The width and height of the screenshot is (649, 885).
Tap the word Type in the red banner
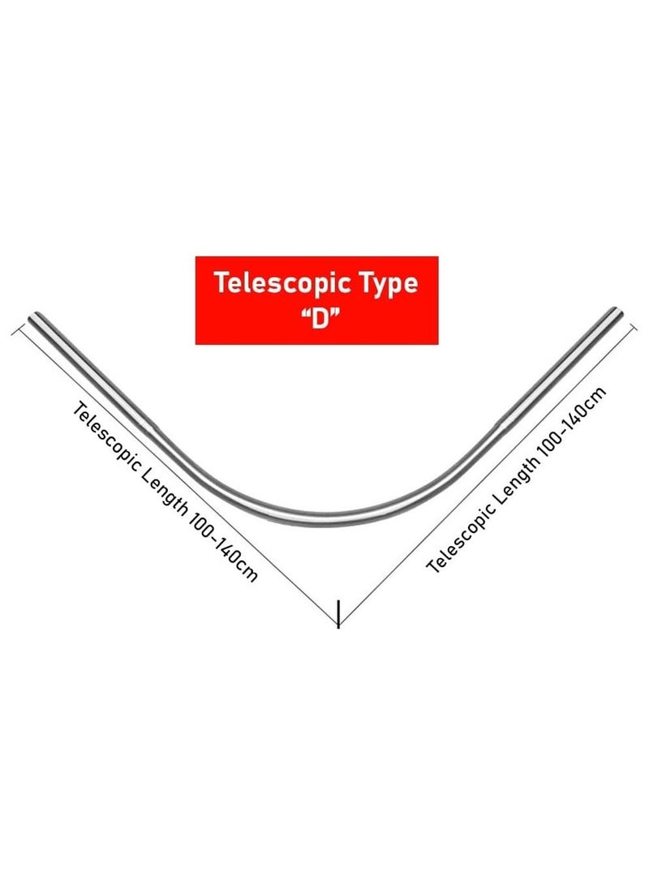pos(389,284)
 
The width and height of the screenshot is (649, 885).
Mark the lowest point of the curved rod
pos(316,520)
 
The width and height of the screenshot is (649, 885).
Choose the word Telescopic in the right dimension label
pos(459,538)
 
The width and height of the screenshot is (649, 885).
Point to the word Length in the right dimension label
pos(514,479)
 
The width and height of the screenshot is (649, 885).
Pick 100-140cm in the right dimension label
pos(572,420)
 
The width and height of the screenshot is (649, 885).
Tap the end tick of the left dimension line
pos(17,329)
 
